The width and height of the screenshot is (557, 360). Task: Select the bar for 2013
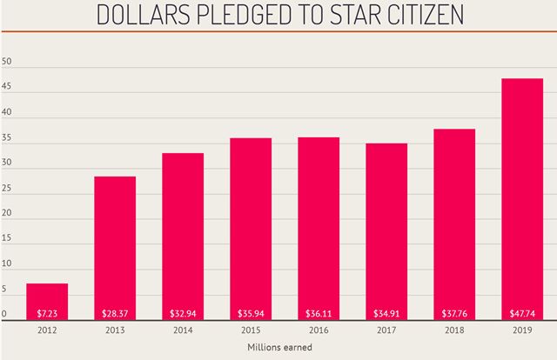click(115, 248)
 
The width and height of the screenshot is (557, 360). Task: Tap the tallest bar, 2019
click(521, 199)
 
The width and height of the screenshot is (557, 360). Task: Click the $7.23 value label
click(47, 313)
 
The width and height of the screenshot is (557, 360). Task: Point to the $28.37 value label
click(115, 313)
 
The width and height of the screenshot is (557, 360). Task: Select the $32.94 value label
click(183, 313)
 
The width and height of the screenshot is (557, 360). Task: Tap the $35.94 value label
click(251, 313)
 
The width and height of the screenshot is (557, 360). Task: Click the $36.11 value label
click(319, 313)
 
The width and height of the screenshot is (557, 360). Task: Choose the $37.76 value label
click(453, 313)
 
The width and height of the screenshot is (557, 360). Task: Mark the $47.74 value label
click(521, 313)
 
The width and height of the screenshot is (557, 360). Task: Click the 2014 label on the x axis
click(183, 330)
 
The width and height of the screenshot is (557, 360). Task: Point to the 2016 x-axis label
click(319, 330)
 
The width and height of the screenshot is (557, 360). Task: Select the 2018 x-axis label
click(453, 330)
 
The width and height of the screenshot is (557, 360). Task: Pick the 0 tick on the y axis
click(4, 314)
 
